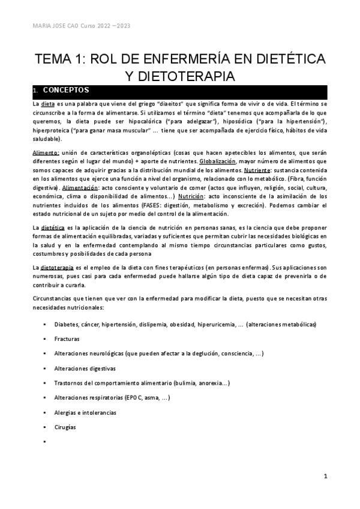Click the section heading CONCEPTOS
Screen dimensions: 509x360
[66, 91]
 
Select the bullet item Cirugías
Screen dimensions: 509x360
[65, 427]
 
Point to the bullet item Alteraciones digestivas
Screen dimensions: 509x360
[85, 368]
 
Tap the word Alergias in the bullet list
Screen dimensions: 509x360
[65, 412]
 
